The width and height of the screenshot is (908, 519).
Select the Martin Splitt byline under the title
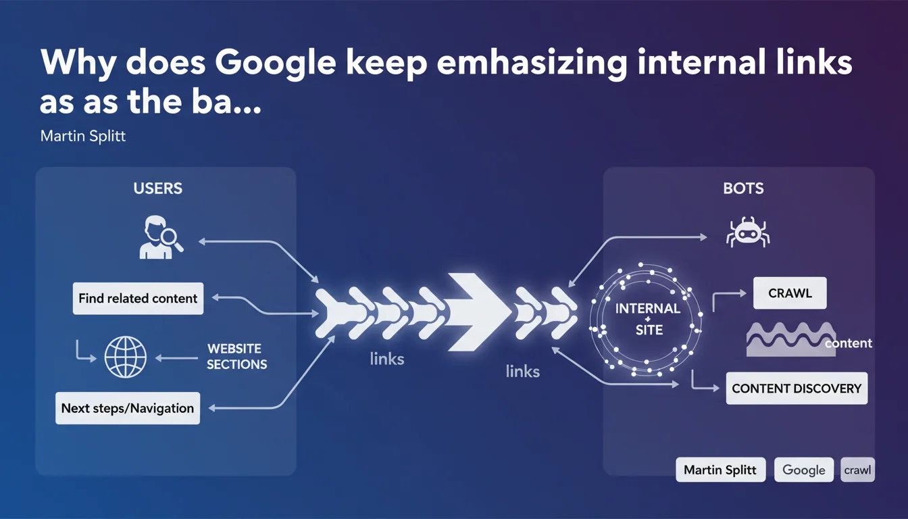[x=83, y=137]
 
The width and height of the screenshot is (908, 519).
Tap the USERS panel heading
[x=158, y=189]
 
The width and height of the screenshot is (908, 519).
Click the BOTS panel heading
[x=743, y=189]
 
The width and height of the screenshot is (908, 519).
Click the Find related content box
[x=138, y=298]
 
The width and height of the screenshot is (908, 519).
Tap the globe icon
[x=125, y=357]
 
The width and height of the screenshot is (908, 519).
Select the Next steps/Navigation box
[x=128, y=408]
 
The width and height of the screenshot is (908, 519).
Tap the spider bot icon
[x=747, y=232]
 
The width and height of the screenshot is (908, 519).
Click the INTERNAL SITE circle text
[x=648, y=320]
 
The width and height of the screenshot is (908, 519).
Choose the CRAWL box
[x=790, y=294]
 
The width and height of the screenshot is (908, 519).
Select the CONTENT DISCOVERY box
[x=797, y=389]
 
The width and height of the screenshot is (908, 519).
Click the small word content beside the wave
[x=849, y=343]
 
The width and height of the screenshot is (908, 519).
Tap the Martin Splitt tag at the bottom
[x=720, y=470]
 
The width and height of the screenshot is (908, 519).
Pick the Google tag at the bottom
[x=803, y=470]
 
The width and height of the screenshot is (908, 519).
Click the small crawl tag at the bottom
[x=857, y=470]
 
